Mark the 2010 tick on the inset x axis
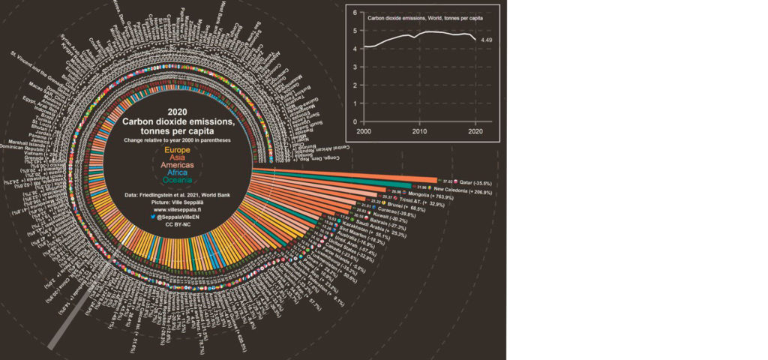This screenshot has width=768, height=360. click(418, 132)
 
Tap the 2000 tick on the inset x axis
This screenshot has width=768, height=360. click(364, 132)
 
